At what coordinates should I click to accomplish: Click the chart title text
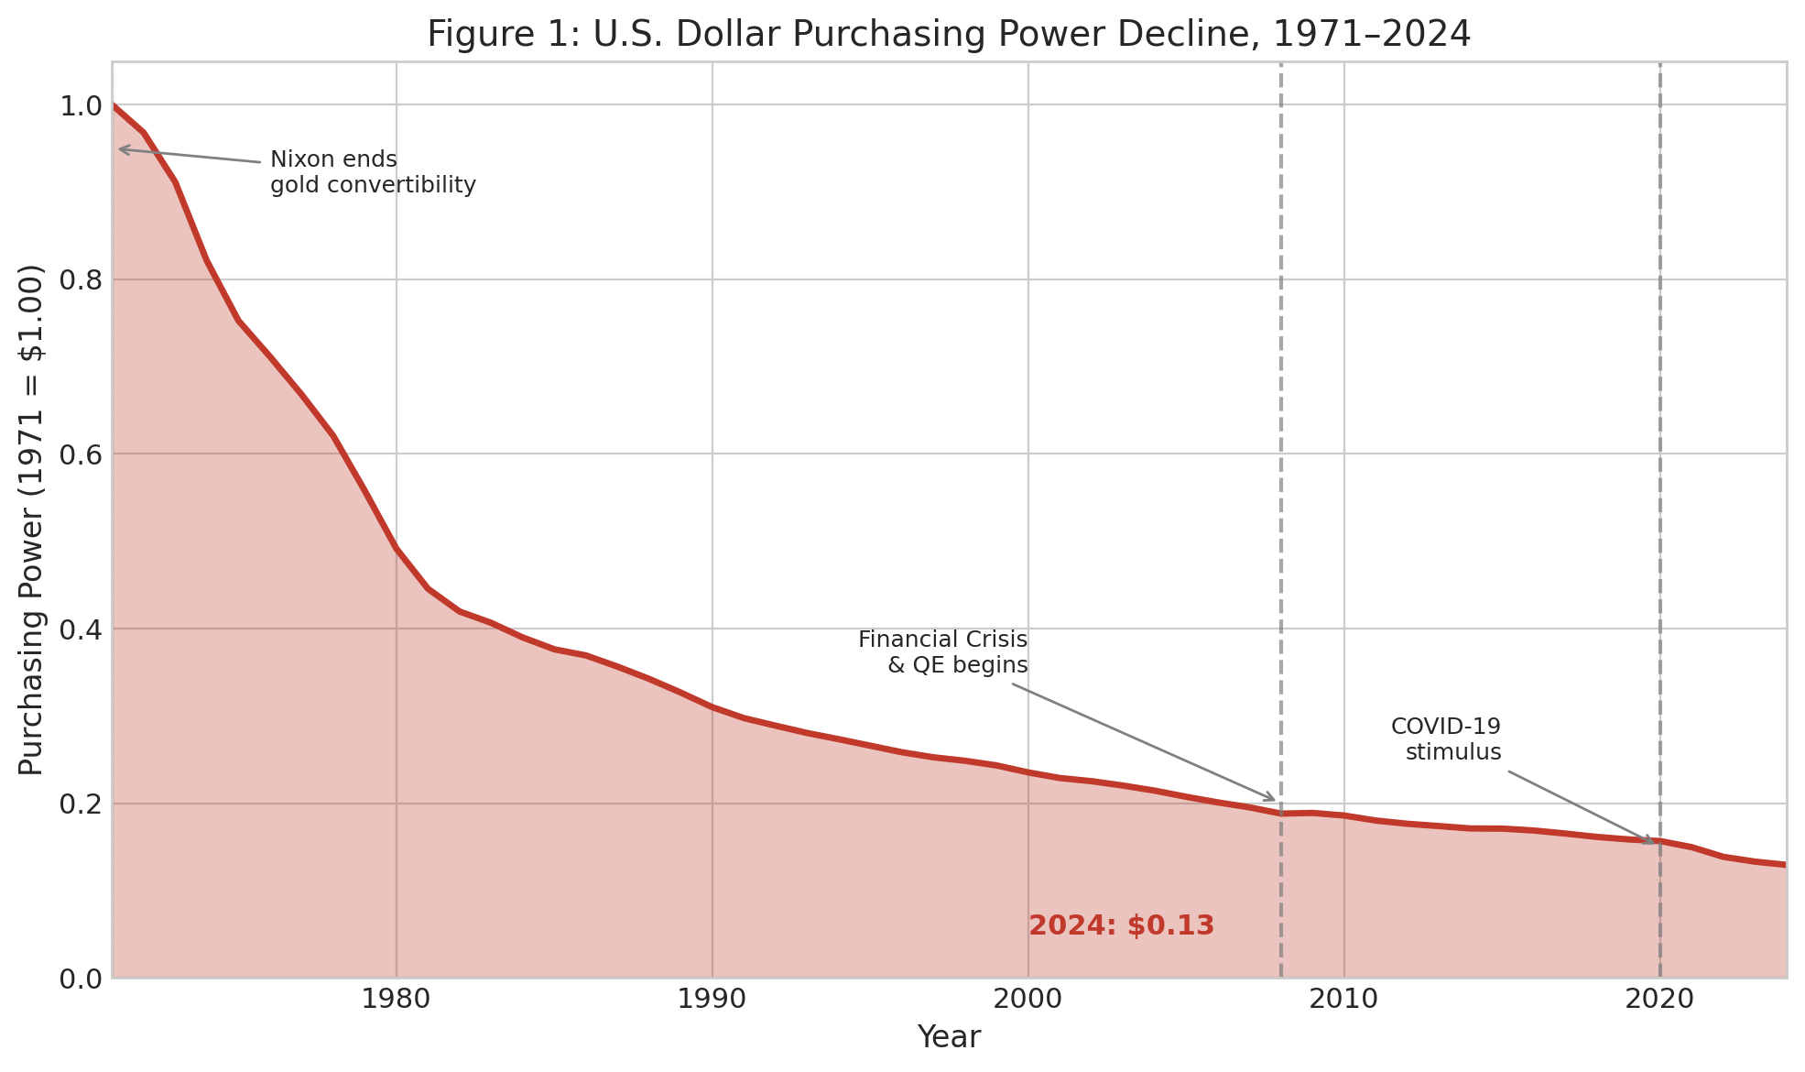pyautogui.click(x=949, y=35)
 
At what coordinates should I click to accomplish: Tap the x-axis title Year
pyautogui.click(x=949, y=1038)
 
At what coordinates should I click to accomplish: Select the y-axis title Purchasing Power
pyautogui.click(x=32, y=520)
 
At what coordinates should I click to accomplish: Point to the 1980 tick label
pyautogui.click(x=397, y=1000)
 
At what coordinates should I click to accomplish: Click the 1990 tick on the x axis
pyautogui.click(x=712, y=1000)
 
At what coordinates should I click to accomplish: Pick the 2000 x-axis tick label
pyautogui.click(x=1028, y=1000)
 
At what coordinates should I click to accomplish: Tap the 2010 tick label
pyautogui.click(x=1344, y=1000)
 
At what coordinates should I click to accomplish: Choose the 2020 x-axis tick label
pyautogui.click(x=1660, y=1000)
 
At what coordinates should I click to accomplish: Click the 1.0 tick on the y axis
pyautogui.click(x=80, y=106)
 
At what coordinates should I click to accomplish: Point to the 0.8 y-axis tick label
pyautogui.click(x=80, y=280)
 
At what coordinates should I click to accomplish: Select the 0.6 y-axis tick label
pyautogui.click(x=80, y=454)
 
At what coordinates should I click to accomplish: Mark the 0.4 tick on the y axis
pyautogui.click(x=80, y=629)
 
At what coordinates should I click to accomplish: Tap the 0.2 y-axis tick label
pyautogui.click(x=80, y=804)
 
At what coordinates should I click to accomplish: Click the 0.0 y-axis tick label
pyautogui.click(x=80, y=979)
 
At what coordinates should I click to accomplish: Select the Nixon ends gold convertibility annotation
pyautogui.click(x=373, y=172)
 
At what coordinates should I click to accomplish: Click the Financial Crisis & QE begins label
pyautogui.click(x=942, y=652)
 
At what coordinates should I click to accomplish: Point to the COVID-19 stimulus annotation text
pyautogui.click(x=1446, y=739)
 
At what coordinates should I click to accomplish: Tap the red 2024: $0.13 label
pyautogui.click(x=1121, y=926)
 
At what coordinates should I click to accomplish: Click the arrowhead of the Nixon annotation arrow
pyautogui.click(x=121, y=148)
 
